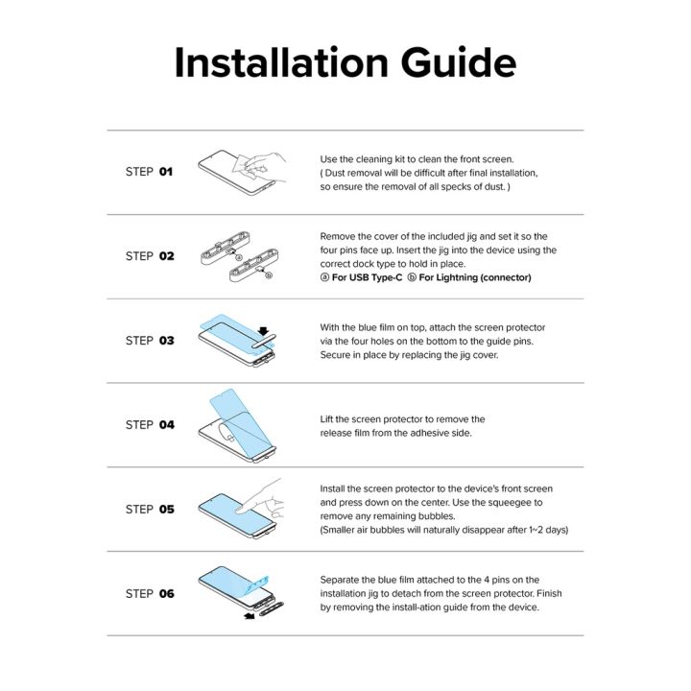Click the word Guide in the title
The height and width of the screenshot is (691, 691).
click(459, 62)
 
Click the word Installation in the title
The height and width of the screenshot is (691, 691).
click(281, 62)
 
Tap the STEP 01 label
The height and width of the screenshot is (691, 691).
click(149, 172)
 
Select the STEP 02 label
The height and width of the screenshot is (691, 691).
click(150, 256)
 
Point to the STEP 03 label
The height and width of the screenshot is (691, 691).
click(150, 340)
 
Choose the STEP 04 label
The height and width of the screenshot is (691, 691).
click(150, 425)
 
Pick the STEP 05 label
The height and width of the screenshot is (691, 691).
click(150, 509)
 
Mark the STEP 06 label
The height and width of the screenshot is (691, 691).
click(150, 594)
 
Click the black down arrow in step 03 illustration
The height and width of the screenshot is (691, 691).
click(264, 331)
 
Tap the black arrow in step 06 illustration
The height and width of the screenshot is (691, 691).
click(250, 615)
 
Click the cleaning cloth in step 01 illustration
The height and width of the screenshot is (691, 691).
click(242, 167)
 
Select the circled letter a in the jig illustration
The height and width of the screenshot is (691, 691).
click(239, 257)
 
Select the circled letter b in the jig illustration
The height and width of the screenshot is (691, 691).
click(269, 275)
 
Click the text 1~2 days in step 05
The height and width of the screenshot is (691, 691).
click(546, 530)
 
